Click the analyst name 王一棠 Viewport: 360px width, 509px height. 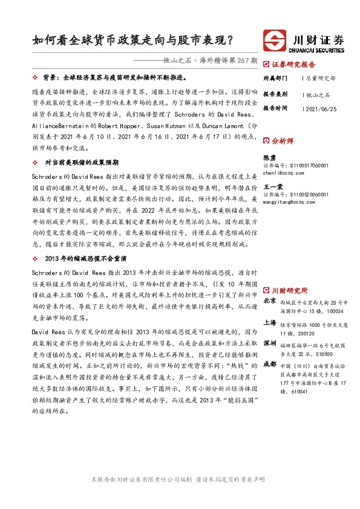click(x=273, y=187)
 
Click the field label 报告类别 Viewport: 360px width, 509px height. click(x=276, y=94)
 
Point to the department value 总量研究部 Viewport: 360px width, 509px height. click(x=321, y=78)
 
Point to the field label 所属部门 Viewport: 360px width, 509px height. click(x=276, y=78)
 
